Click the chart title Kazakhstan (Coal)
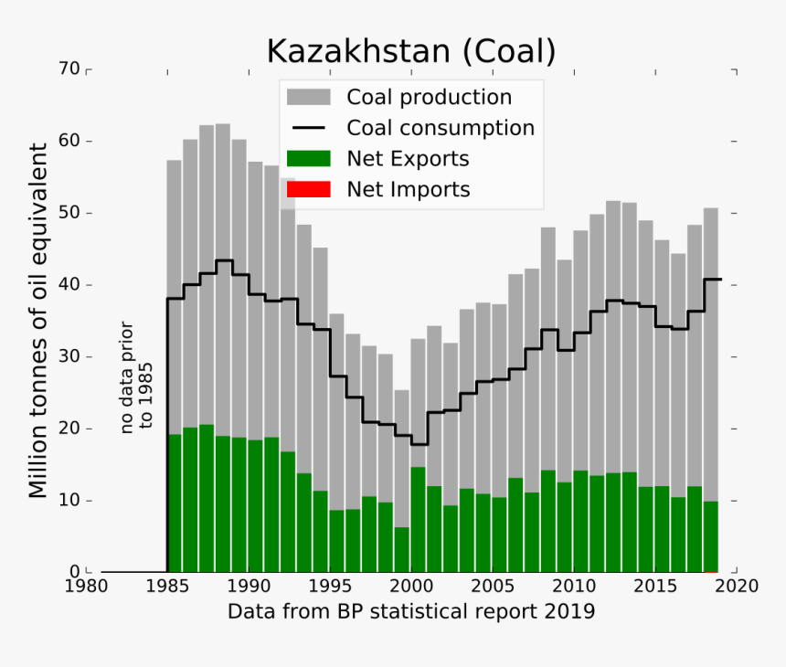click(x=410, y=51)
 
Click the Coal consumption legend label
click(x=440, y=128)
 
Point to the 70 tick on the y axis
click(x=69, y=69)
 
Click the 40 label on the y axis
click(x=69, y=285)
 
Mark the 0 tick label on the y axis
click(x=74, y=572)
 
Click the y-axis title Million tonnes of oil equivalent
click(x=37, y=320)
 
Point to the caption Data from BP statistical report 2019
click(x=410, y=611)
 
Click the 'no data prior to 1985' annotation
click(x=137, y=376)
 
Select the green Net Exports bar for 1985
click(x=175, y=503)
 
